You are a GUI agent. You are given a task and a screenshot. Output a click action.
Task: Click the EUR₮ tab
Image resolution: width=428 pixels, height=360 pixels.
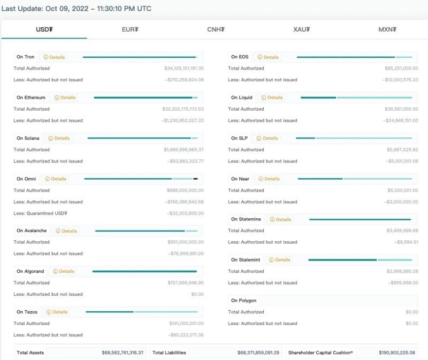click(x=130, y=29)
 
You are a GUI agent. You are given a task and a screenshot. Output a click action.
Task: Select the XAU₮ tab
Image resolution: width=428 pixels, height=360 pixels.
click(x=302, y=29)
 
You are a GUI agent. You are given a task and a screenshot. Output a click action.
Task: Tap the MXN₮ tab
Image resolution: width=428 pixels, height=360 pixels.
click(x=387, y=29)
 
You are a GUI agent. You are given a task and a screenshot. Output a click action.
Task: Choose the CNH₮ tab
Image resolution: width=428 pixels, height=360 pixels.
click(x=216, y=29)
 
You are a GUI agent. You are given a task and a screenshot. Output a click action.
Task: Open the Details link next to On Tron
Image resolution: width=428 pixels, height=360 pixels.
click(x=54, y=57)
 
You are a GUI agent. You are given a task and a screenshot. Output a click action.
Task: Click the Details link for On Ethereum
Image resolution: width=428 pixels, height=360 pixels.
click(x=65, y=98)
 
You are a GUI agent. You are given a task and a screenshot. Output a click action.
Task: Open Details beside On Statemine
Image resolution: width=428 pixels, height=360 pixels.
click(x=280, y=219)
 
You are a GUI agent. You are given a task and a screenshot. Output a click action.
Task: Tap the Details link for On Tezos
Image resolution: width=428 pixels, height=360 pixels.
click(x=57, y=312)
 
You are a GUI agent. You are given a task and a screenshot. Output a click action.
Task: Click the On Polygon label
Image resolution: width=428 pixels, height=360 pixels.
click(x=243, y=301)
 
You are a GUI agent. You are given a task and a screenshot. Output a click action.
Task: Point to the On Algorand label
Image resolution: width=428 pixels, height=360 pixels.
click(x=30, y=271)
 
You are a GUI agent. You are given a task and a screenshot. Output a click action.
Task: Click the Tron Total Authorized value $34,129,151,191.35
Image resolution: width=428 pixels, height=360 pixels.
click(x=184, y=68)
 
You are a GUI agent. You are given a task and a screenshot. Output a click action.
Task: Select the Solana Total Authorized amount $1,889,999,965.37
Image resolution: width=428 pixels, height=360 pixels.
click(x=184, y=150)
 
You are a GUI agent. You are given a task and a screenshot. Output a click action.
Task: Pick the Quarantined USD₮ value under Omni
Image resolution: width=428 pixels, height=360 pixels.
click(x=185, y=213)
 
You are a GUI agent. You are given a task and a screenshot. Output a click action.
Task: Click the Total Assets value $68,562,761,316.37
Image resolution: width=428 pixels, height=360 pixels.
click(x=123, y=353)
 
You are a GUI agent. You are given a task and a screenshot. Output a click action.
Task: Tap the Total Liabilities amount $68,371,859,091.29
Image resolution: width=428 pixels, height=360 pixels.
click(x=258, y=353)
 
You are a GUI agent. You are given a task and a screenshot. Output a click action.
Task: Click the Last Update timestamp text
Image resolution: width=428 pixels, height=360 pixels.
click(x=76, y=9)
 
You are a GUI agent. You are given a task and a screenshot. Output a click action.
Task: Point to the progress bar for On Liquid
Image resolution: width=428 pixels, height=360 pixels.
click(x=356, y=98)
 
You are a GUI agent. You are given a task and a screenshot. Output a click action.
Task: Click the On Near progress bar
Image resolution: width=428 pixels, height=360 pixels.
click(x=355, y=179)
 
